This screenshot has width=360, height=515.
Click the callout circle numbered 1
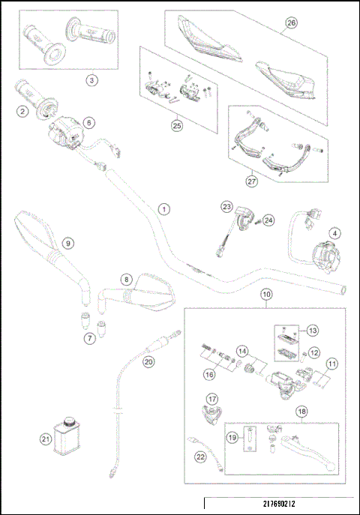pos(163,208)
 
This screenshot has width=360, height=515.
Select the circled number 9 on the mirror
pos(67,243)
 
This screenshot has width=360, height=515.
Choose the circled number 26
pos(290,23)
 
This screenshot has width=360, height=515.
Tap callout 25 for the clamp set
pos(177,126)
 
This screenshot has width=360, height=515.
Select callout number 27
pos(251,180)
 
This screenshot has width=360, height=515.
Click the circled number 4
pos(335,233)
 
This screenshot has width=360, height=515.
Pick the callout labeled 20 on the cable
pos(148,361)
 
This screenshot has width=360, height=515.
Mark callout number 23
pos(225,206)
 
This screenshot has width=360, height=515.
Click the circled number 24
pos(268,220)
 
